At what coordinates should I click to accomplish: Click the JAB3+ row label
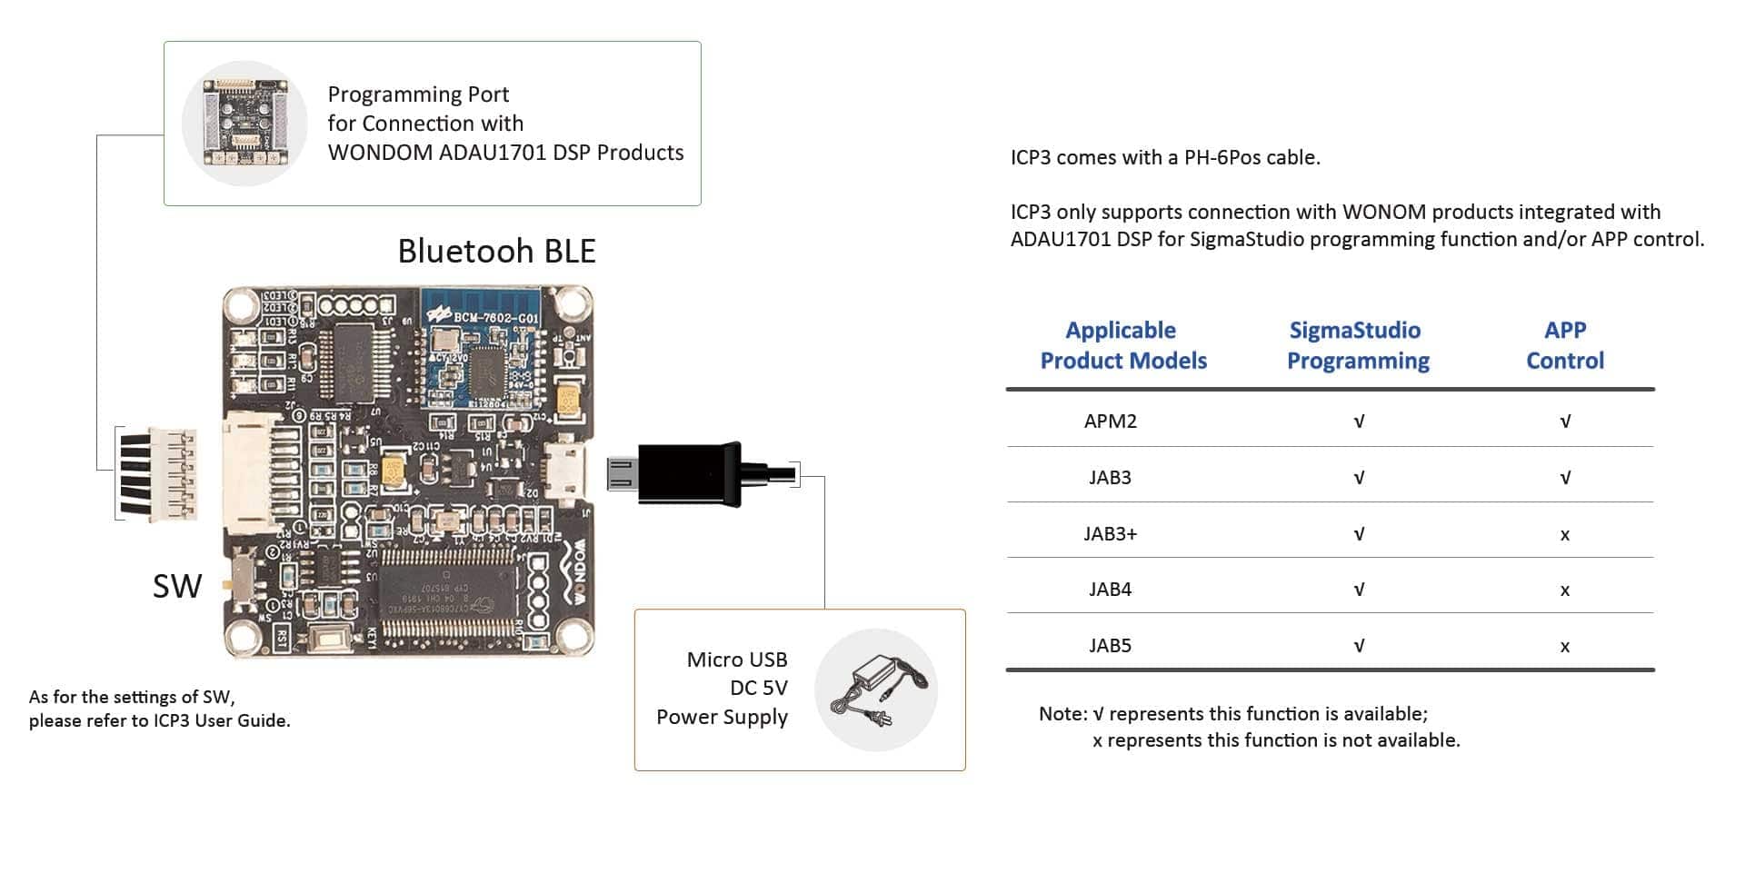pos(1110,534)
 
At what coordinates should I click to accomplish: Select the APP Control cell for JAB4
pos(1564,590)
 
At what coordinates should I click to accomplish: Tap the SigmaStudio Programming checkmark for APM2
pos(1359,422)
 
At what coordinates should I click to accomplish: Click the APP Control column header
pos(1564,345)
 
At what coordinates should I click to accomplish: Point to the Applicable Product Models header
pos(1122,345)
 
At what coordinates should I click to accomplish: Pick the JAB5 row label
pos(1110,646)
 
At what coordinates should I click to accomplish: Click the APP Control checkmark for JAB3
pos(1564,478)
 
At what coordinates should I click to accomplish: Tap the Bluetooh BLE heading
pos(496,252)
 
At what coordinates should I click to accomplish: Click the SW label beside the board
pos(177,587)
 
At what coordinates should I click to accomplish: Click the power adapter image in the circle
pos(876,690)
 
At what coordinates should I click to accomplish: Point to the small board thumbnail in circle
pos(244,123)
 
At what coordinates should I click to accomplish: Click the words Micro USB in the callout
pos(736,660)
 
